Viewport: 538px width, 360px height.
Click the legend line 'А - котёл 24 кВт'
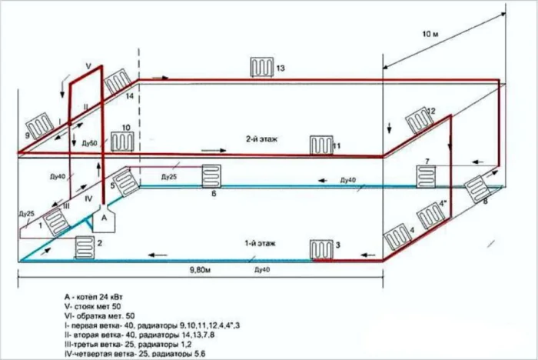[99, 295]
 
